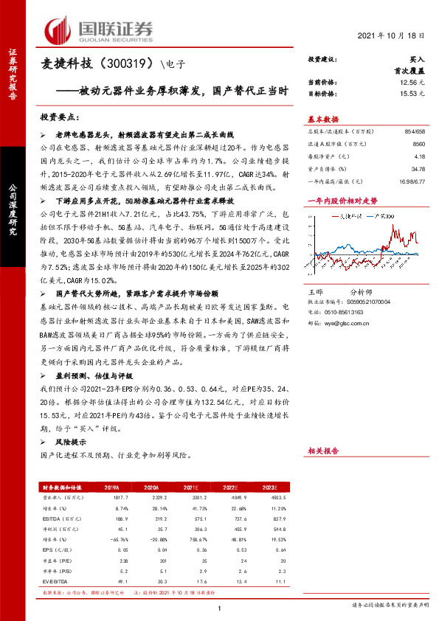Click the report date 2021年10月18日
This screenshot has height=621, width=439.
point(397,35)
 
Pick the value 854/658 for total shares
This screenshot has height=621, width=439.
point(415,131)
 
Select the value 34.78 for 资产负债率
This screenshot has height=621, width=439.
point(418,169)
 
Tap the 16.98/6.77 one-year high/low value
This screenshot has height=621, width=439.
point(412,181)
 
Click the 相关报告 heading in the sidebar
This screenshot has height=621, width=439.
point(322,450)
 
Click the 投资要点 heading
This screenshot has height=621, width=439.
point(60,117)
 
